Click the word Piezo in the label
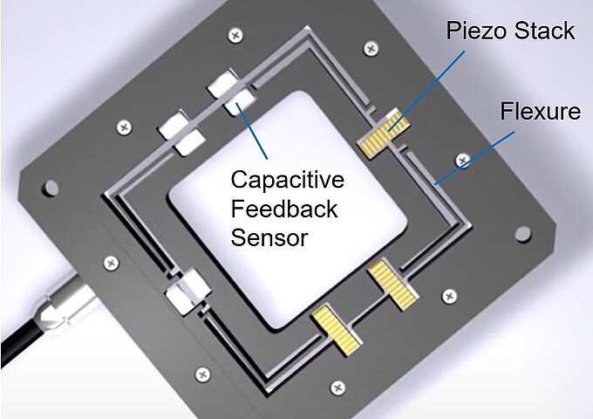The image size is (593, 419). [476, 32]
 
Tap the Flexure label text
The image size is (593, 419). [540, 112]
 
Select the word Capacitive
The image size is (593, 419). [287, 180]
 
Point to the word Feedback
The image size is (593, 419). [283, 209]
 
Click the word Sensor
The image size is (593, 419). [269, 237]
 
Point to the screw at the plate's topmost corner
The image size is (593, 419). [235, 36]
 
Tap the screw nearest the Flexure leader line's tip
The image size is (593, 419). [462, 160]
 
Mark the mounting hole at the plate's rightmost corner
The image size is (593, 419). [523, 234]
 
